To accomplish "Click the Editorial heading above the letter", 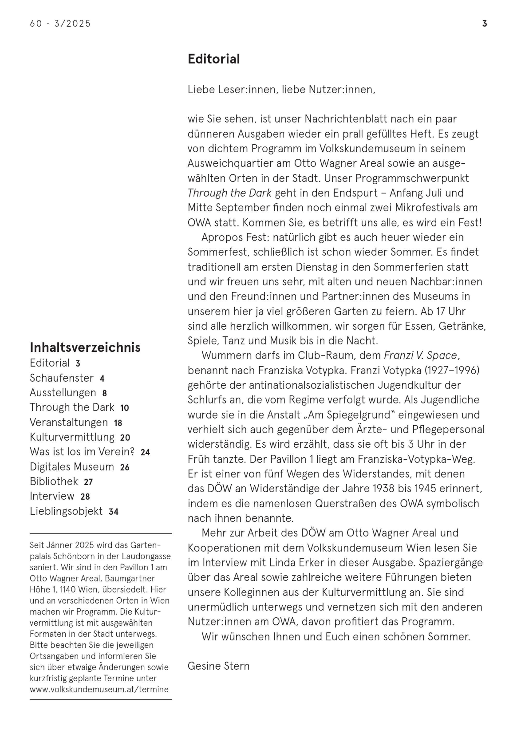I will pos(214,59).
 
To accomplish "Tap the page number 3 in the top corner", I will pos(484,24).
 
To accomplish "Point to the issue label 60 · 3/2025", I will pos(60,24).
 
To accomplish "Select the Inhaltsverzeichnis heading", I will pos(85,347).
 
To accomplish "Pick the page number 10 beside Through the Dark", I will pos(124,408).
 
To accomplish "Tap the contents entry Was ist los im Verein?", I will pos(82,452).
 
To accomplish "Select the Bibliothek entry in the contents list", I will pos(54,481).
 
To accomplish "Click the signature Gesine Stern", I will pos(218,666).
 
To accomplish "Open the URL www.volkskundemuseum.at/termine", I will pos(99,689).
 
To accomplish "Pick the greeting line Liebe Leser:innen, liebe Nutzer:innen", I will pos(281,90).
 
